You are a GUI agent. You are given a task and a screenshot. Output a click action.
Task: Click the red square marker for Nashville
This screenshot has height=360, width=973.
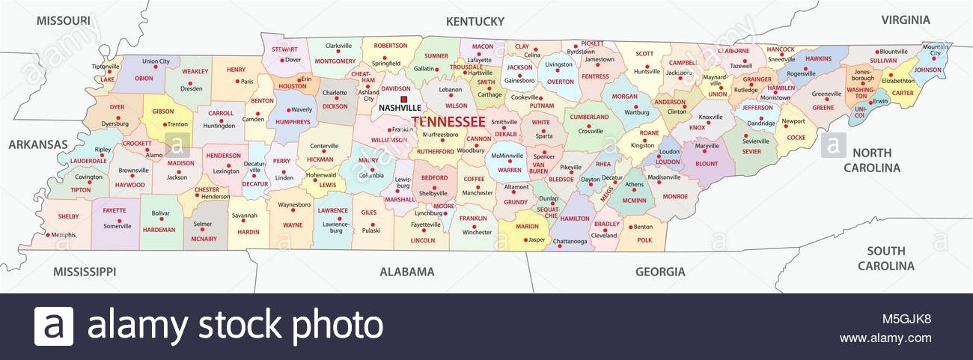(x=404, y=99)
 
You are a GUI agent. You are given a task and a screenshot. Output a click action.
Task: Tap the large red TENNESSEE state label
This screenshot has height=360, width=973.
(x=448, y=121)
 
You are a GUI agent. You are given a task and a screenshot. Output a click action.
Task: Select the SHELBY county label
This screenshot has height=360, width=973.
(x=68, y=216)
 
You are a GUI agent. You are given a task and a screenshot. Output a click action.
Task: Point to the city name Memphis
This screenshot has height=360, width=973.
(x=64, y=235)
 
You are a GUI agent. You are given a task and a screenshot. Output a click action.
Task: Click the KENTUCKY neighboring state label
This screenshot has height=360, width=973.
(x=475, y=21)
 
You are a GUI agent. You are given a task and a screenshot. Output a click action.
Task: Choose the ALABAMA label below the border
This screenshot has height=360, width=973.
(x=406, y=272)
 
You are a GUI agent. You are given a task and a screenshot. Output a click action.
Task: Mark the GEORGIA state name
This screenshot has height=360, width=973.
(x=659, y=272)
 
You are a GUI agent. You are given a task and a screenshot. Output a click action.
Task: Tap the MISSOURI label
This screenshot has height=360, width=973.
(x=64, y=19)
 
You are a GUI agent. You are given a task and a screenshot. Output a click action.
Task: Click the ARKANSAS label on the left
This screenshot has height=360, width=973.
(x=38, y=144)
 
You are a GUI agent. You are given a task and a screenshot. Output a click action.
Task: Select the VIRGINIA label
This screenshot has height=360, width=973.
(x=905, y=19)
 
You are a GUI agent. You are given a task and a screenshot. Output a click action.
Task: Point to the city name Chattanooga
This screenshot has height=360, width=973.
(x=570, y=241)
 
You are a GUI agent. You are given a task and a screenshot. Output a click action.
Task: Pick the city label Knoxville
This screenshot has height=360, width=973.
(x=710, y=117)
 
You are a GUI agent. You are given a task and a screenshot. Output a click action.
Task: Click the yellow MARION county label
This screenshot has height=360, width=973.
(x=527, y=226)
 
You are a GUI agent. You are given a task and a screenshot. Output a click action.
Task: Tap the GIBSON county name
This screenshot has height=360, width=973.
(x=162, y=112)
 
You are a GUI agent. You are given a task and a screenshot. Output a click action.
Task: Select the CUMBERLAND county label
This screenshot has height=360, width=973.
(x=589, y=117)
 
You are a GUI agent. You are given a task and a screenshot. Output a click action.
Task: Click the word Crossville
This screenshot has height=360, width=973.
(x=590, y=131)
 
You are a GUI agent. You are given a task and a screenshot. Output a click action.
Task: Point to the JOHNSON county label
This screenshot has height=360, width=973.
(x=928, y=70)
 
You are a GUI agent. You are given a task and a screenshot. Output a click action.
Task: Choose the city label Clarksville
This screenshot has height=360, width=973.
(x=338, y=46)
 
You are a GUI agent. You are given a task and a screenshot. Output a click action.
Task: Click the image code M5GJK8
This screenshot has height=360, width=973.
(x=906, y=319)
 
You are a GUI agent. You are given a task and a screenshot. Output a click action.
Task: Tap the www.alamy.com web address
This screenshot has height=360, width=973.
(x=885, y=338)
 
